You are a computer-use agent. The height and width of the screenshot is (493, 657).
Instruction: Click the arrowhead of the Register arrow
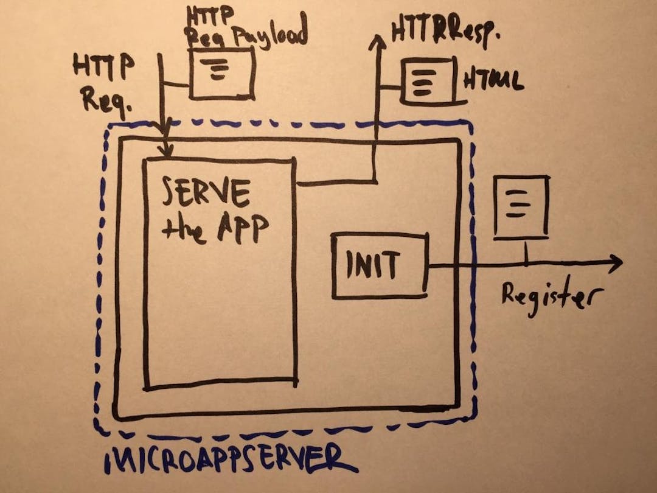tap(616, 264)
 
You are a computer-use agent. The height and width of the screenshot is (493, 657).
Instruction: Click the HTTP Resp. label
tap(444, 33)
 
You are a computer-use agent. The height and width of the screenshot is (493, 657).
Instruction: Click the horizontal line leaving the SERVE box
tap(335, 182)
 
